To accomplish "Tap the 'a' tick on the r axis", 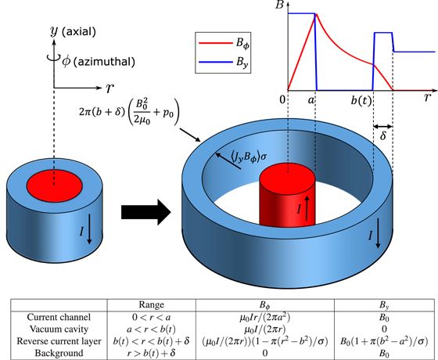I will pos(311,100).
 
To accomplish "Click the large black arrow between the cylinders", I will pos(145,210).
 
